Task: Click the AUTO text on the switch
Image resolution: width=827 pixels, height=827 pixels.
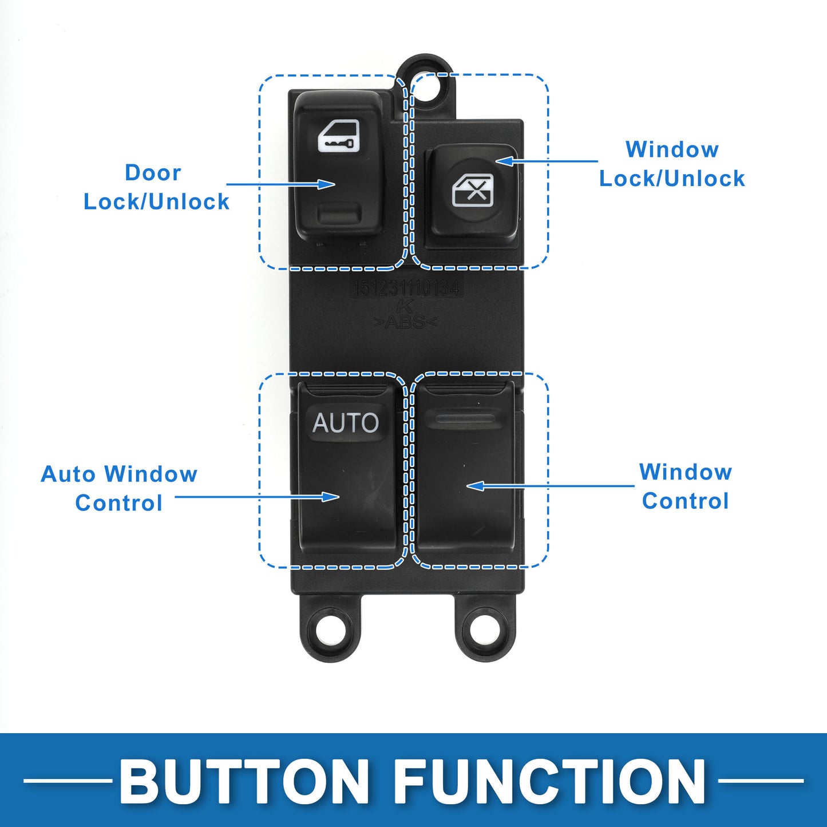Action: click(346, 423)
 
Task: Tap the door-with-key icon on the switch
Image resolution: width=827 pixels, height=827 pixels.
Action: click(339, 136)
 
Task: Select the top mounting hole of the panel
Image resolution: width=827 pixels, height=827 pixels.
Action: click(425, 86)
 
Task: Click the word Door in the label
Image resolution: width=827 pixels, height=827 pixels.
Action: click(153, 172)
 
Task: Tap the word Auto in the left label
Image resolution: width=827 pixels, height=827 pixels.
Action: click(68, 474)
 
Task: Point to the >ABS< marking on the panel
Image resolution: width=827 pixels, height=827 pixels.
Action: click(405, 322)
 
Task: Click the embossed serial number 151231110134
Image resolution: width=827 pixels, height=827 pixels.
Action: click(407, 288)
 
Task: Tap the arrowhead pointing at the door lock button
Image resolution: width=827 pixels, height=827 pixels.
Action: click(327, 184)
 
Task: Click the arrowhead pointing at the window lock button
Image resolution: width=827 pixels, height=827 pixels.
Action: click(504, 161)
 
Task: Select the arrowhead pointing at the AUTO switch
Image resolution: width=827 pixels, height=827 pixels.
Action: click(331, 497)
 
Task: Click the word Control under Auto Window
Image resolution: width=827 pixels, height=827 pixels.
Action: click(119, 503)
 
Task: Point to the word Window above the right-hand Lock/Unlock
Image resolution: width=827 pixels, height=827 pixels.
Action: click(672, 149)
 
